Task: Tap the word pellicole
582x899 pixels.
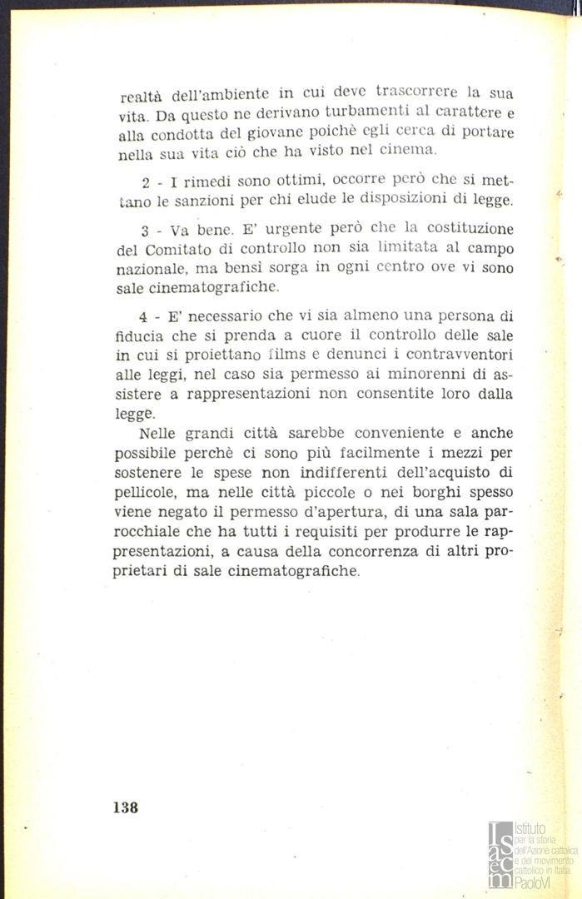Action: pyautogui.click(x=145, y=494)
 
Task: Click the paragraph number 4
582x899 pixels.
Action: pyautogui.click(x=145, y=316)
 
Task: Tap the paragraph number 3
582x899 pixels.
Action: pyautogui.click(x=145, y=230)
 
